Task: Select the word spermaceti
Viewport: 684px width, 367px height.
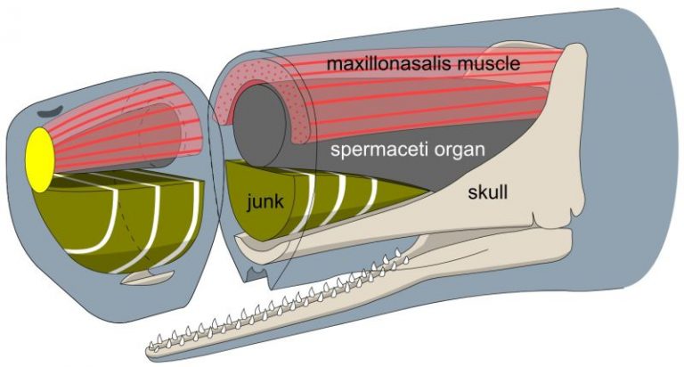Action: click(x=371, y=150)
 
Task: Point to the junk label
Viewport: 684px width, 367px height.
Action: click(x=265, y=201)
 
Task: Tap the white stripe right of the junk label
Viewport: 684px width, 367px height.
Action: click(x=309, y=203)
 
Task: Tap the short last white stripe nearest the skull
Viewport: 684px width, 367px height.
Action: click(x=375, y=191)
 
